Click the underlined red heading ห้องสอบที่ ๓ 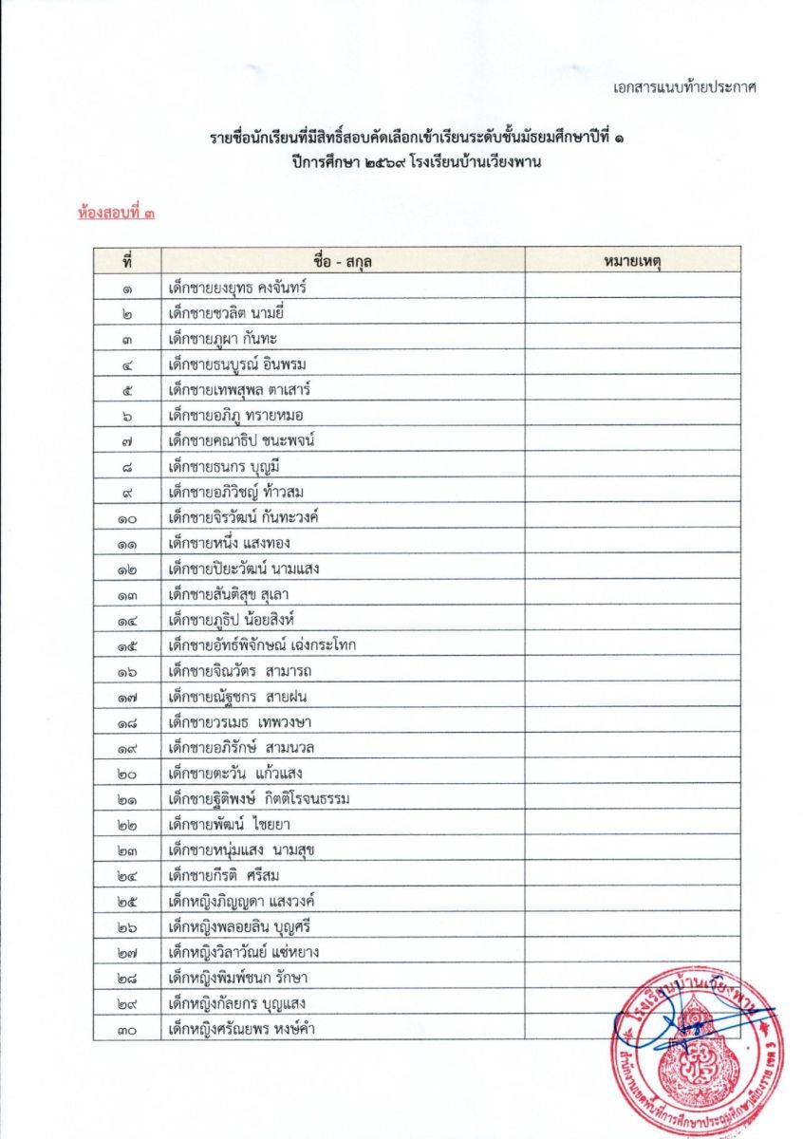117,215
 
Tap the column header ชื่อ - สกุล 343,260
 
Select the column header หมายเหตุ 632,260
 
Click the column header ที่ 126,260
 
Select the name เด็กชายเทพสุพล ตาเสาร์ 239,389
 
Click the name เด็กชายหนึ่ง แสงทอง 229,543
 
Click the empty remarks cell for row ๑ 632,287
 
